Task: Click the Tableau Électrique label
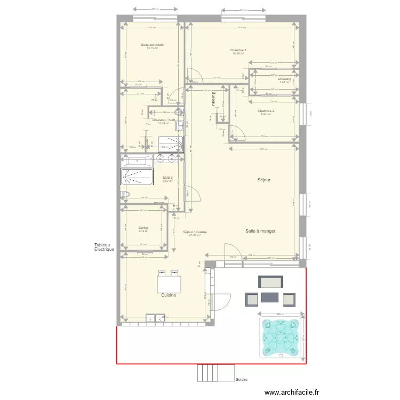click(104, 247)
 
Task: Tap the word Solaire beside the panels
click(242, 380)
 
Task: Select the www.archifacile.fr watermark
click(293, 391)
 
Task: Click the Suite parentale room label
click(152, 45)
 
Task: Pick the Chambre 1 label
click(238, 50)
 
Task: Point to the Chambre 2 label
click(267, 111)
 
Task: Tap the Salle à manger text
click(260, 231)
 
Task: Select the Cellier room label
click(143, 228)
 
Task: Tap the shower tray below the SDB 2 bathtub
click(137, 177)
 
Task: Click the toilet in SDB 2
click(126, 195)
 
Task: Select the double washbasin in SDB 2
click(168, 158)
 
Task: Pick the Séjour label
click(263, 180)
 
